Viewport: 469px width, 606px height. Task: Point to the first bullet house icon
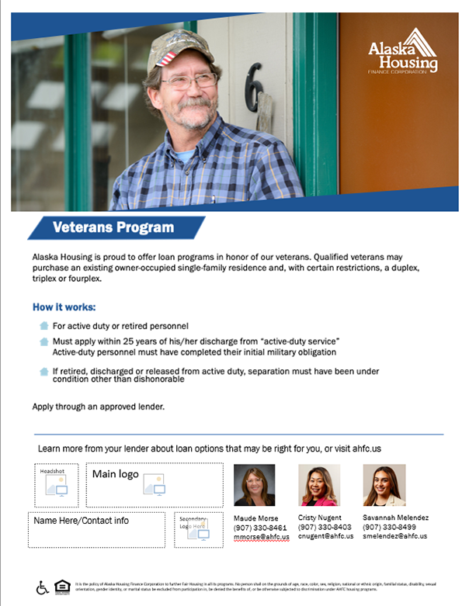pos(43,326)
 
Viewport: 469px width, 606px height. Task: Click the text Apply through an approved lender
pos(99,406)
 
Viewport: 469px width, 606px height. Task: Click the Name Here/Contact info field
pos(82,520)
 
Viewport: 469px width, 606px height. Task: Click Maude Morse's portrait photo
pos(254,485)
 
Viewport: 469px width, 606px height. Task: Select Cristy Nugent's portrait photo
pos(319,485)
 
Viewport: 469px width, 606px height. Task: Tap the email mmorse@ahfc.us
pos(261,536)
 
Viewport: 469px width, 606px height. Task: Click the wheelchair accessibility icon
pos(43,587)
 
